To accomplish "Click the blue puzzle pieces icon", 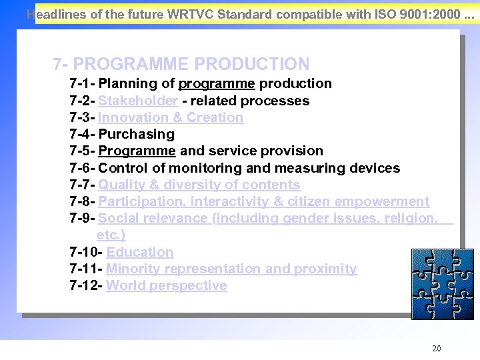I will [x=442, y=279].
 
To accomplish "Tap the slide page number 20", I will [x=437, y=349].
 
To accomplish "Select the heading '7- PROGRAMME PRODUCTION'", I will [x=181, y=64].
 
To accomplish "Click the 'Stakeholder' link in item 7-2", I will [x=138, y=101].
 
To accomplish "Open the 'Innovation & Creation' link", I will [x=171, y=117].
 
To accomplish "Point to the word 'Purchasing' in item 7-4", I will [x=136, y=134].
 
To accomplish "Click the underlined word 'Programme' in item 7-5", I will [x=137, y=151].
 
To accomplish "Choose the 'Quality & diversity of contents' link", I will [x=199, y=185].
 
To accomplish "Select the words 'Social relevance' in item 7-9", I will [x=153, y=218].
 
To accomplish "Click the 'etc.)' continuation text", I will [x=111, y=235].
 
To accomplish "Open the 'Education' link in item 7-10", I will [x=139, y=252].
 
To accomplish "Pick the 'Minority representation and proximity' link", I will [x=231, y=269].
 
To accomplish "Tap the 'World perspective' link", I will [x=167, y=285].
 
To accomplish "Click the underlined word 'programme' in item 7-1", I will [x=217, y=83].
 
